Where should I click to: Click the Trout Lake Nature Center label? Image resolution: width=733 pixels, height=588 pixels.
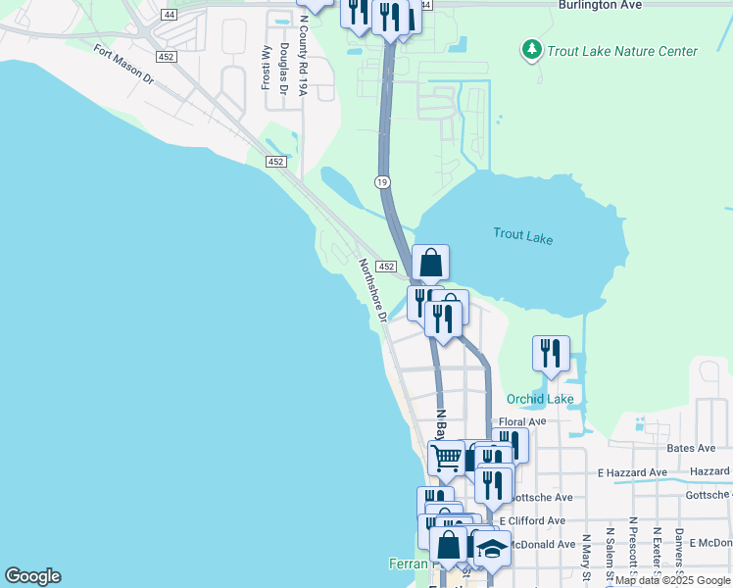[622, 51]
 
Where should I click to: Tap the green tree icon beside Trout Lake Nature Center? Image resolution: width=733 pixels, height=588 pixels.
[531, 49]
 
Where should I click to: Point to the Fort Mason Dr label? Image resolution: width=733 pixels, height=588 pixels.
[124, 63]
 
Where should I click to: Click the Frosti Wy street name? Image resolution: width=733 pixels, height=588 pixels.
[266, 68]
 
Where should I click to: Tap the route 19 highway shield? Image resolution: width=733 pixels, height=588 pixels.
[382, 181]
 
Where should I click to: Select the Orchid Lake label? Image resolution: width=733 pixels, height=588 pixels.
[540, 399]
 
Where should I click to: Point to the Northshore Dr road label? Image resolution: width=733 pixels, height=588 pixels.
[372, 290]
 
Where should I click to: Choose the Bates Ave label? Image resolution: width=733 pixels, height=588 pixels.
[691, 448]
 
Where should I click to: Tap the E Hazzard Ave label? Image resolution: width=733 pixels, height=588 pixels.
[633, 472]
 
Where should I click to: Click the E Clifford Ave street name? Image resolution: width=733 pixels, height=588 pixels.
[531, 520]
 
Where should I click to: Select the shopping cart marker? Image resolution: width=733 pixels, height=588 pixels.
[446, 456]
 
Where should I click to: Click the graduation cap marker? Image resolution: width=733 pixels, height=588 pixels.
[492, 548]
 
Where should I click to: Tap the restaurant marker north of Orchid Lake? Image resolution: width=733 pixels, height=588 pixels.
[551, 352]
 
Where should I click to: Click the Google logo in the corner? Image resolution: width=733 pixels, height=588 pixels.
[32, 576]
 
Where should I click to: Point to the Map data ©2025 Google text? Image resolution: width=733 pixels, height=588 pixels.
[671, 580]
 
